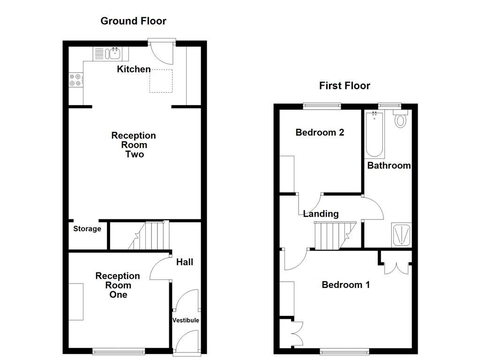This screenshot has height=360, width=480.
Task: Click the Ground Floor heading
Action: tap(134, 21)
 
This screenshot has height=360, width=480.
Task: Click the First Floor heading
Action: tap(345, 86)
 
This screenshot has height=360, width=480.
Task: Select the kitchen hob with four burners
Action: tap(75, 80)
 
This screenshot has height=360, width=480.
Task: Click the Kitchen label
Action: tap(134, 69)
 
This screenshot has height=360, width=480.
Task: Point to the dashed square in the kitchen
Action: tap(161, 81)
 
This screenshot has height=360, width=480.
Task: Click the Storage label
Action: tap(87, 229)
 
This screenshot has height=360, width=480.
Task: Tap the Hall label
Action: tap(185, 262)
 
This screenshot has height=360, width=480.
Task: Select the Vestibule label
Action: tap(186, 320)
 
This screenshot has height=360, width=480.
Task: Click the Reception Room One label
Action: tap(118, 285)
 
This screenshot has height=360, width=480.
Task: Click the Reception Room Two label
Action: tap(134, 145)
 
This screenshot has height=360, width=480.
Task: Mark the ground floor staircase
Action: tap(149, 236)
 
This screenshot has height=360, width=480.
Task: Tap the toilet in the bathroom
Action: tap(400, 119)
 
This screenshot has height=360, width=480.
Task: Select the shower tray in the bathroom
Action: tap(402, 234)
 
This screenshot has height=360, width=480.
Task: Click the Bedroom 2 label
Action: tap(320, 133)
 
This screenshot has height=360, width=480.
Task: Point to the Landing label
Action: tap(321, 214)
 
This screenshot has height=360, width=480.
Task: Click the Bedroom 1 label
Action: tap(345, 285)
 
